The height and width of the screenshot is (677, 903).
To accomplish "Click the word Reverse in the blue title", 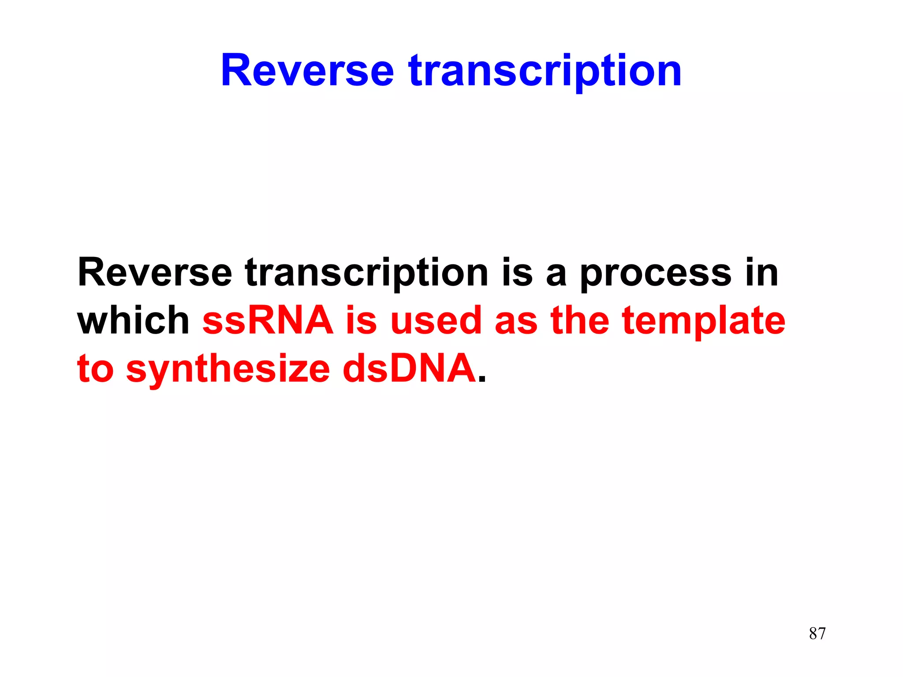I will (307, 71).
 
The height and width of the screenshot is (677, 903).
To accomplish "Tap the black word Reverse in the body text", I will (155, 272).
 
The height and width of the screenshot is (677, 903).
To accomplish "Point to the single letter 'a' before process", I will (556, 275).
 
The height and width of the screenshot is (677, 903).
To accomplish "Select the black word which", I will (133, 320).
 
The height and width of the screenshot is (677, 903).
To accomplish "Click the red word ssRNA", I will (268, 320).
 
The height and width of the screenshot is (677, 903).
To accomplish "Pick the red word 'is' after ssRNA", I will (361, 320).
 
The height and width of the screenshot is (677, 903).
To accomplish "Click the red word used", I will (436, 320).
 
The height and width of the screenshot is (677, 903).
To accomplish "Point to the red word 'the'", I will (580, 320).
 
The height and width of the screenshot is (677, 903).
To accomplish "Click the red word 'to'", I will (95, 369).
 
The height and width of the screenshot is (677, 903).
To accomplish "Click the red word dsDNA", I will (409, 368).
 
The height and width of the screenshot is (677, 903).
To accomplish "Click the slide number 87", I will (817, 633).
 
